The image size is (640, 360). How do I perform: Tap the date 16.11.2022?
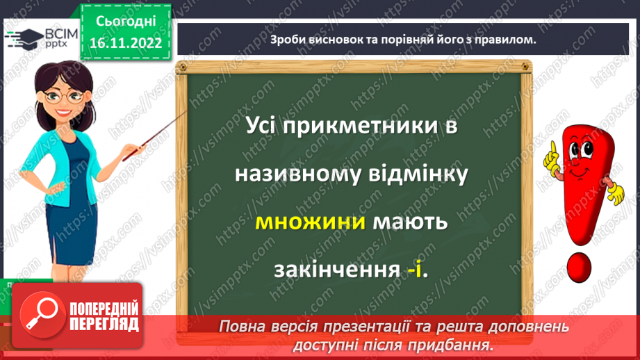(125, 42)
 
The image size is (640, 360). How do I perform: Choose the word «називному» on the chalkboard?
(291, 175)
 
